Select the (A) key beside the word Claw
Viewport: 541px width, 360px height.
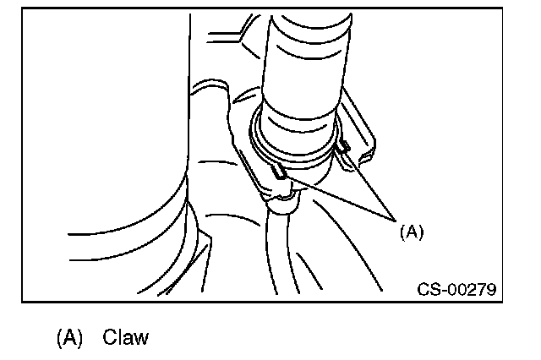point(69,338)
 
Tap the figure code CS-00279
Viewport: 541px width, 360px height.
point(456,290)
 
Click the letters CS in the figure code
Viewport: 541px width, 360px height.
point(427,290)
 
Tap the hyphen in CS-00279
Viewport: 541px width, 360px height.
point(440,290)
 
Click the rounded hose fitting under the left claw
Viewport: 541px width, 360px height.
point(282,199)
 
